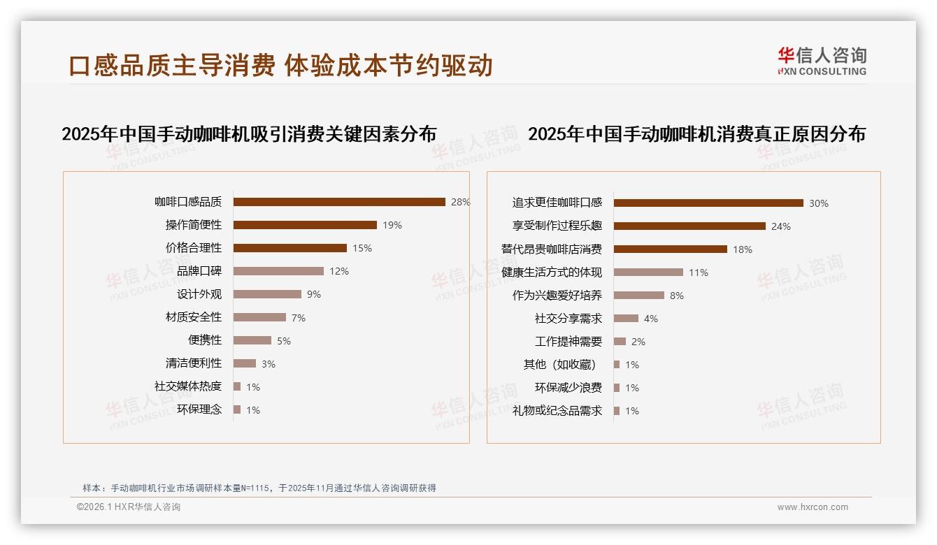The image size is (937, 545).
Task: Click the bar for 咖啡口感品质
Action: click(339, 202)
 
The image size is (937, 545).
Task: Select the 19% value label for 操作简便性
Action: click(392, 225)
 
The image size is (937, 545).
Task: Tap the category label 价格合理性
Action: click(194, 248)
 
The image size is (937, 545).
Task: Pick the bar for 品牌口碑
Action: click(278, 271)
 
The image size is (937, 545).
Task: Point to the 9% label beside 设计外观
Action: click(314, 294)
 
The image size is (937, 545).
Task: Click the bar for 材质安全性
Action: click(259, 317)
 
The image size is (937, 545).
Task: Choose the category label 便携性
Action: click(205, 340)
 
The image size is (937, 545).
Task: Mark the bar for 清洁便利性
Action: click(245, 363)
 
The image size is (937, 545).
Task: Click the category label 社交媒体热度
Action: click(188, 386)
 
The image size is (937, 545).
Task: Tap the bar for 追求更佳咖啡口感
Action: click(708, 203)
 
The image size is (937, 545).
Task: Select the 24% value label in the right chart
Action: click(781, 226)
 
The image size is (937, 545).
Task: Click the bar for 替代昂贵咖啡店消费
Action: click(671, 249)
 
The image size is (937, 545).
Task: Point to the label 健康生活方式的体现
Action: click(552, 272)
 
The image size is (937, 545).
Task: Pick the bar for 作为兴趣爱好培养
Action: click(639, 296)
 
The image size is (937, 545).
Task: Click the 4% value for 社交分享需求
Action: click(651, 319)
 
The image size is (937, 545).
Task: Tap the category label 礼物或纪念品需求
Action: click(557, 411)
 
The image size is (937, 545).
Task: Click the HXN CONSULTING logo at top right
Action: click(822, 61)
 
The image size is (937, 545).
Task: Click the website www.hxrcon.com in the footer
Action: click(813, 507)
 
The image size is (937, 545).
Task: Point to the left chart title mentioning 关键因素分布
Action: click(249, 134)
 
